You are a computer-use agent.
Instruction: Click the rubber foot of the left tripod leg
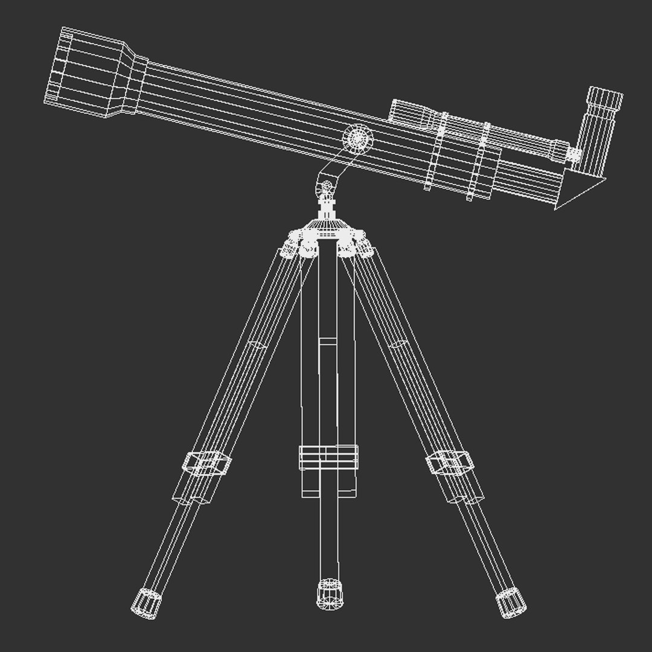(x=146, y=602)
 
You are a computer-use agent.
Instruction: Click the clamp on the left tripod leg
(x=207, y=463)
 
